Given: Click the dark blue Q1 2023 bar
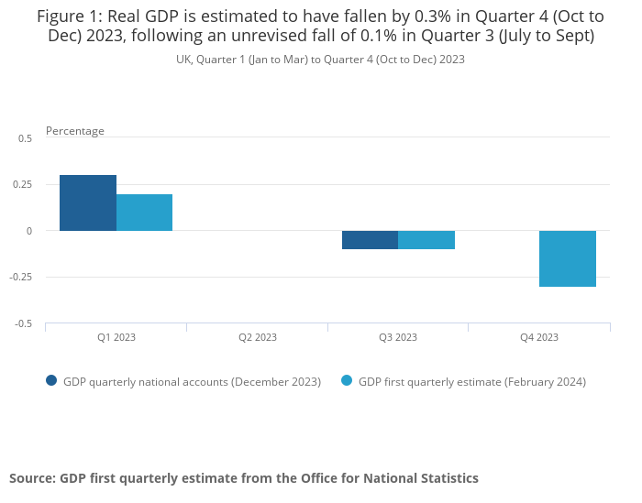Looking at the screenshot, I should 88,202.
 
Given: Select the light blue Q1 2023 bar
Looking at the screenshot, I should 144,213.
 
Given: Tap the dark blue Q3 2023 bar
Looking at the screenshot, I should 370,240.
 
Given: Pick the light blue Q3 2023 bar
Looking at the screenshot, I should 426,240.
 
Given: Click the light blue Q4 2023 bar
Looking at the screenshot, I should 568,258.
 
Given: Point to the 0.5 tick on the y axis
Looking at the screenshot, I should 25,138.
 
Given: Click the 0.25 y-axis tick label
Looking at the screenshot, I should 22,184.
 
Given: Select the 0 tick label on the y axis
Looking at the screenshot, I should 29,231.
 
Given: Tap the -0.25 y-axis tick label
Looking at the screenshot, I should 21,277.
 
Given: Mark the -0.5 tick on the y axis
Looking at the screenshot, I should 23,323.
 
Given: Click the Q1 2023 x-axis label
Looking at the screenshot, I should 116,337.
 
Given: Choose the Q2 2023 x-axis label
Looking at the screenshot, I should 258,337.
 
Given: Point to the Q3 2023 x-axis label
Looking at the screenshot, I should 398,337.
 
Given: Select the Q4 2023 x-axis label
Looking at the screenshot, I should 539,337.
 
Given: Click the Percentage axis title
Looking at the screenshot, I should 75,131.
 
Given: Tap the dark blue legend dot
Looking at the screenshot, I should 51,381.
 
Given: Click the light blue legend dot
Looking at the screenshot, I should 347,381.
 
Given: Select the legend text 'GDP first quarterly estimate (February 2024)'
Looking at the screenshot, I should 471,381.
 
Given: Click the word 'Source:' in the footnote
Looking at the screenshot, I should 32,478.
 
